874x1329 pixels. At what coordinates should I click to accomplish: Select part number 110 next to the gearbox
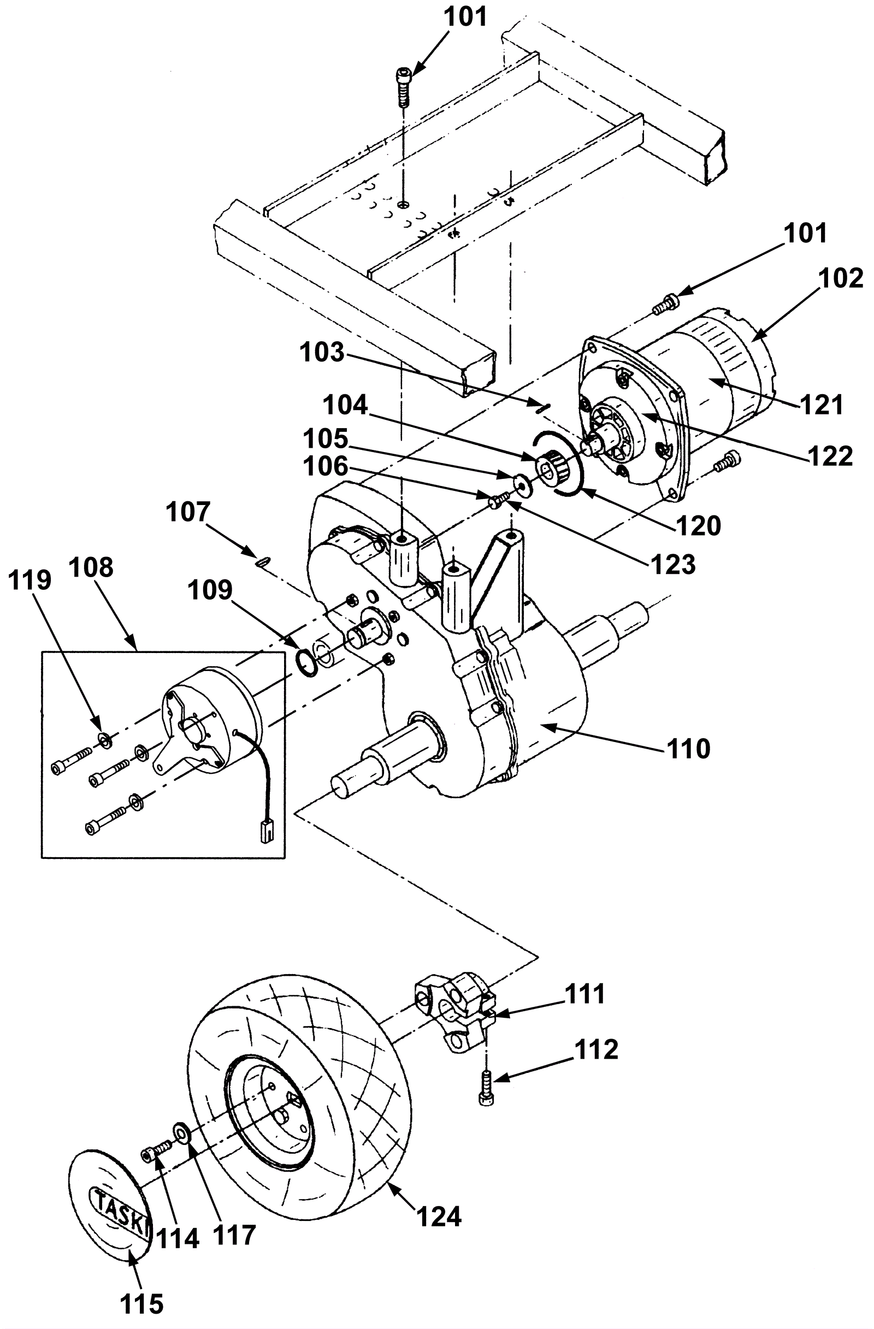[688, 748]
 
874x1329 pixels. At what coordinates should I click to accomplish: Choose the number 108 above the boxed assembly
[92, 567]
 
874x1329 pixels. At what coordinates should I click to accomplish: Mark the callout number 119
[30, 580]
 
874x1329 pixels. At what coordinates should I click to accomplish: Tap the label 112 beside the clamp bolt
[596, 1049]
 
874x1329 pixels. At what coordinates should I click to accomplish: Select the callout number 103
[322, 352]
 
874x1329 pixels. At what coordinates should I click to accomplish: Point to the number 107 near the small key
[188, 512]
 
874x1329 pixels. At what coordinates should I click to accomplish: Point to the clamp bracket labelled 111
[453, 1012]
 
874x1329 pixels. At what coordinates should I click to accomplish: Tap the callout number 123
[672, 565]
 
